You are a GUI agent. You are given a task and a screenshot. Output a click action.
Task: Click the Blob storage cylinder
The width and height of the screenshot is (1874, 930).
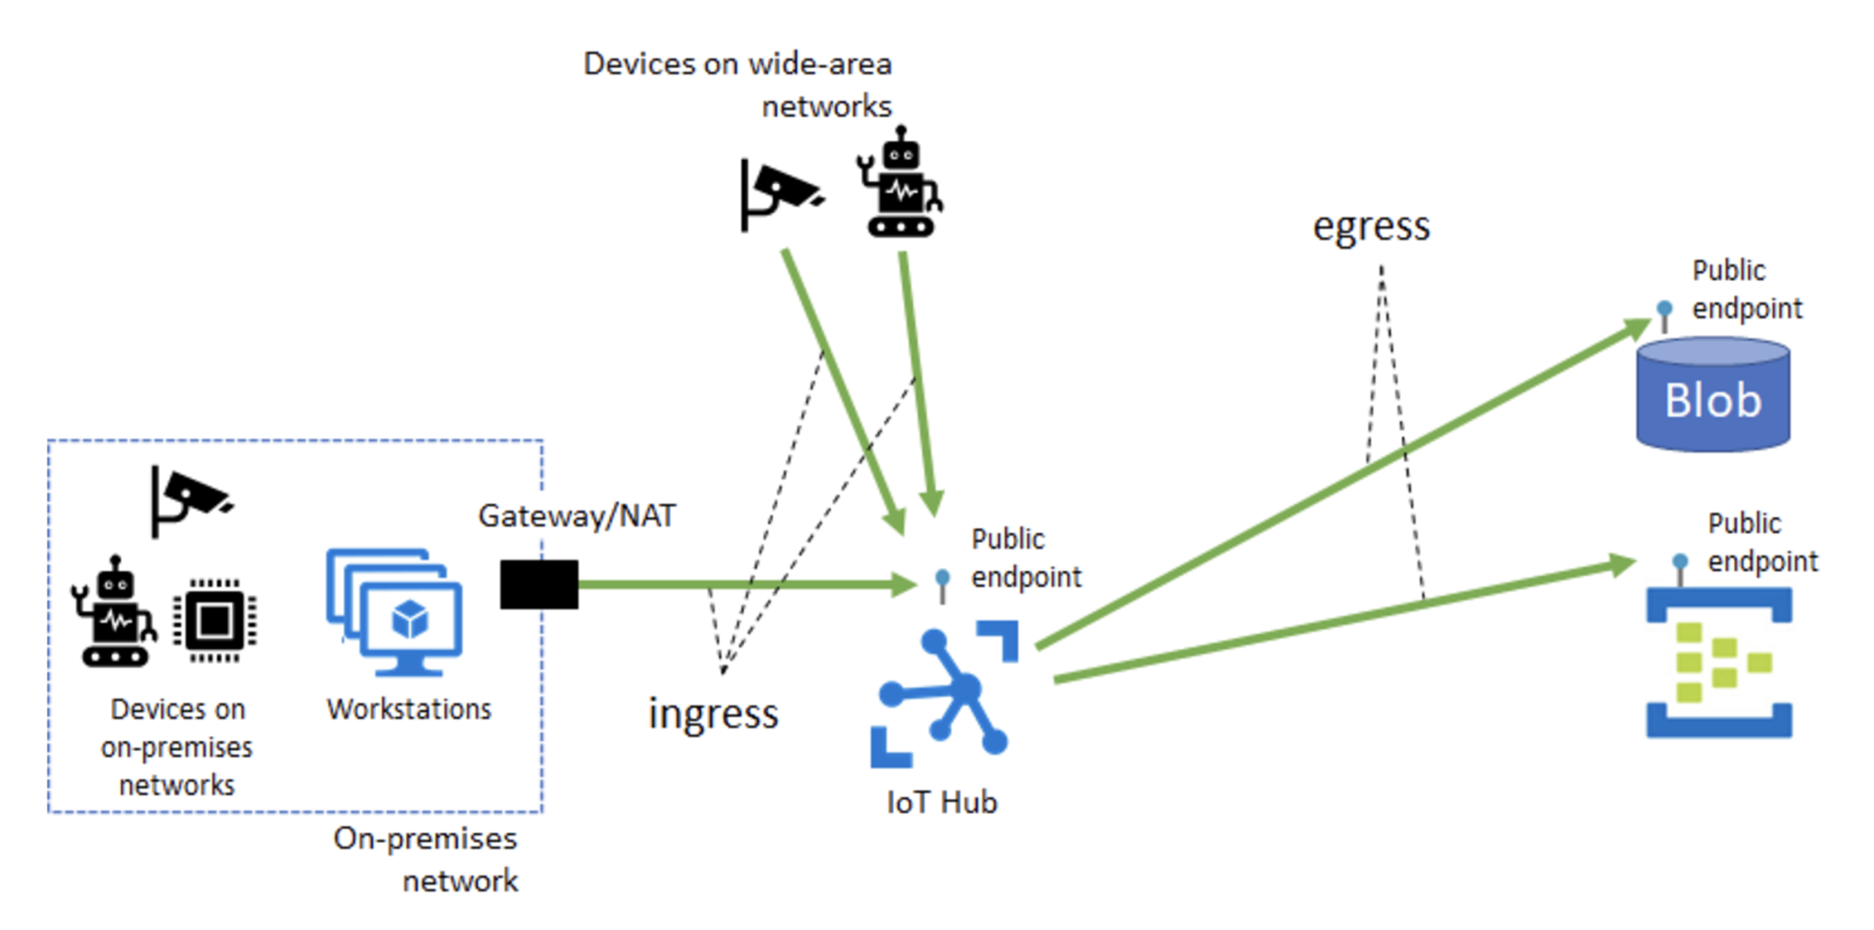[x=1712, y=395]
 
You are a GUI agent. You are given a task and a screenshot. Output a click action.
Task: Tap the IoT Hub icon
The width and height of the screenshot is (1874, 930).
[x=943, y=694]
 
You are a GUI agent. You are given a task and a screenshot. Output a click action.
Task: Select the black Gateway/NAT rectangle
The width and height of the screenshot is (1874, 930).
[x=539, y=584]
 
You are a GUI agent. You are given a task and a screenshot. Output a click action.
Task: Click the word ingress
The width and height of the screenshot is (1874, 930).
[x=713, y=714]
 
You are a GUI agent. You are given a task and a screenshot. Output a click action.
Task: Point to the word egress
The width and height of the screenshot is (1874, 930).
[x=1371, y=226]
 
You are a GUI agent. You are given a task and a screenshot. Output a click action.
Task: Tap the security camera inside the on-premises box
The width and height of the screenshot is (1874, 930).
[x=188, y=500]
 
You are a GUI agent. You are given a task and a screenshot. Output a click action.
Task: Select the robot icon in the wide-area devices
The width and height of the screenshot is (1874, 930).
[x=900, y=185]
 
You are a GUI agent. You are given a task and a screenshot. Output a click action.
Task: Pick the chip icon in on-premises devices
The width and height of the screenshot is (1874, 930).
[x=215, y=621]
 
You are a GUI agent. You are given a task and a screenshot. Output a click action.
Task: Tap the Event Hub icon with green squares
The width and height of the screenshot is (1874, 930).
[x=1718, y=662]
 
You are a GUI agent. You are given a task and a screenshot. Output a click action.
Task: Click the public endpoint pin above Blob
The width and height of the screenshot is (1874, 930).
[x=1664, y=313]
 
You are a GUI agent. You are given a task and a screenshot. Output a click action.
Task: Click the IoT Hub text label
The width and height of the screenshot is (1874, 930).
[x=942, y=803]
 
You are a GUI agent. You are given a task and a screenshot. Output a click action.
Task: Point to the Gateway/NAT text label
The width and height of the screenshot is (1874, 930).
[x=576, y=516]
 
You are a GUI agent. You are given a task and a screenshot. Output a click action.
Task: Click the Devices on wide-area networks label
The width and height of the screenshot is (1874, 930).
[x=738, y=84]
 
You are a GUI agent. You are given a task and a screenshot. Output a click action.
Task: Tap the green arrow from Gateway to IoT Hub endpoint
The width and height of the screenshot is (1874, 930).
[x=732, y=584]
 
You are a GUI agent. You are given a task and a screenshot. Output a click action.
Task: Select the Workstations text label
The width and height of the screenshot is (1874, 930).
[x=409, y=709]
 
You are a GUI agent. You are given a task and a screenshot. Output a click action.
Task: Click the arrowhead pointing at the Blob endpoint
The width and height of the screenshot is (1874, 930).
[x=1636, y=328]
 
